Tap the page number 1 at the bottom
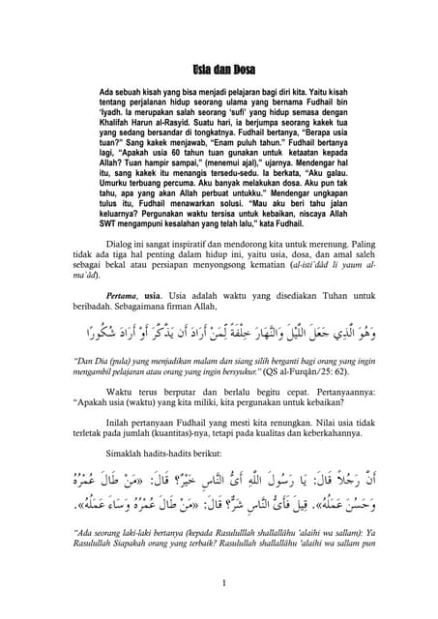(x=222, y=583)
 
